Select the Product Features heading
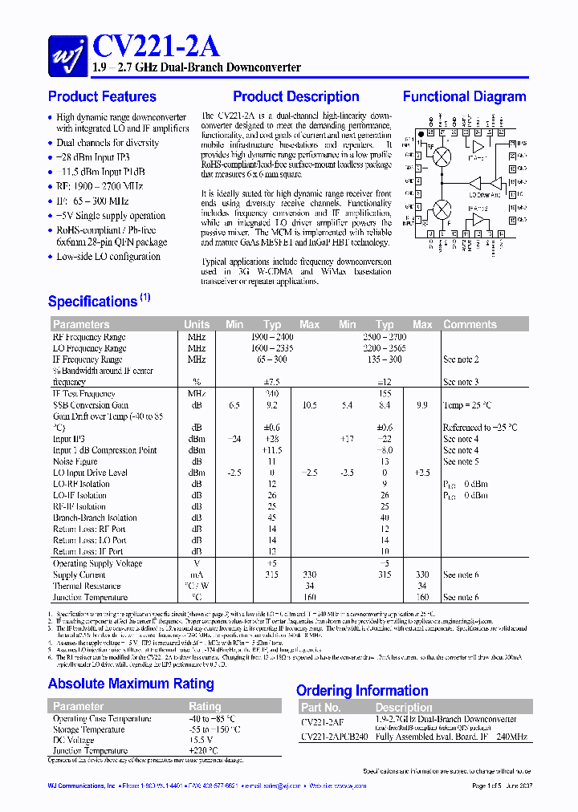pos(102,97)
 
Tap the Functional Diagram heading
pos(464,97)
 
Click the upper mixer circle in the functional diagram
pos(442,156)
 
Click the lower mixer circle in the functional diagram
pos(442,209)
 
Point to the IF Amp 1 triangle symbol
pos(478,148)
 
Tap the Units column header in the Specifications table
pos(197,325)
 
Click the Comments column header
pos(470,325)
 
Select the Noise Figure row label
pos(76,462)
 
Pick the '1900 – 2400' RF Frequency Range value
pos(271,338)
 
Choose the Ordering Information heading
pos(362,691)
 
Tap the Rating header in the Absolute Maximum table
pos(205,707)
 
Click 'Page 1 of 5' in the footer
pos(492,786)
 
